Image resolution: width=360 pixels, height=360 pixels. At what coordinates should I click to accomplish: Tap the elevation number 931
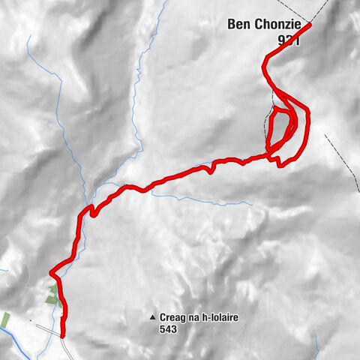click(287, 43)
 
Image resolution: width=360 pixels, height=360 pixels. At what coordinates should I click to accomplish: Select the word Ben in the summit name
click(238, 25)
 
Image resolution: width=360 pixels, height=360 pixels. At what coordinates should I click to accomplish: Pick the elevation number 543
click(169, 328)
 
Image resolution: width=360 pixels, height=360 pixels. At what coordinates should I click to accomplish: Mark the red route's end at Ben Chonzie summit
click(309, 25)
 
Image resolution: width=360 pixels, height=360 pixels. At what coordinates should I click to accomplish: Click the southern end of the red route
click(62, 334)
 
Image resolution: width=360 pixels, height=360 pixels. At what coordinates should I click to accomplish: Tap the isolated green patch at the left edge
click(4, 320)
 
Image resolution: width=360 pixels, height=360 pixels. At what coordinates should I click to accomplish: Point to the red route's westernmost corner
click(50, 271)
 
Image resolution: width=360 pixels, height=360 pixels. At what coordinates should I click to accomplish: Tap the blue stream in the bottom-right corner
click(319, 346)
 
